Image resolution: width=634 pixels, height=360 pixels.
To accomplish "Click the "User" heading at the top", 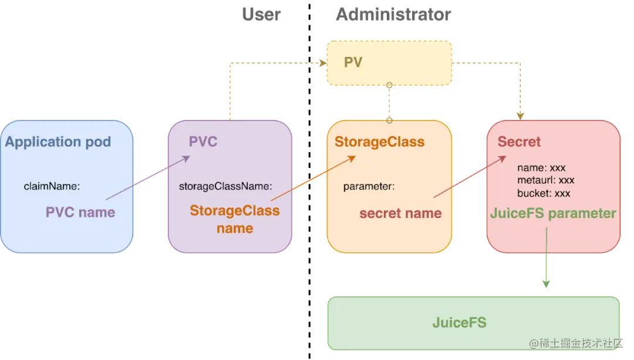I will pos(261,14).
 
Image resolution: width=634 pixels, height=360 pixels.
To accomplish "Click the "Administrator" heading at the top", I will pos(393,14).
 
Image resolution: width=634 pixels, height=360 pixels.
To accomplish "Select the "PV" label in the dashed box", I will pos(353,62).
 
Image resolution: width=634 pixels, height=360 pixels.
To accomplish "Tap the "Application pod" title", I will pos(58,142).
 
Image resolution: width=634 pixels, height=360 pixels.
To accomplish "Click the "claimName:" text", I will pos(52,186).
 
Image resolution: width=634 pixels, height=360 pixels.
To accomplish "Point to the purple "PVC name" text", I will pos(80,212).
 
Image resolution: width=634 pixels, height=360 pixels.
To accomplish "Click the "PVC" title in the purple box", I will pos(203,142).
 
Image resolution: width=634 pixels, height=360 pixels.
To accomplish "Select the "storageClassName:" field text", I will pos(225,186).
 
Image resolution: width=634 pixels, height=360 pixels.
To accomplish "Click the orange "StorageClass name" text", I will pos(234,219).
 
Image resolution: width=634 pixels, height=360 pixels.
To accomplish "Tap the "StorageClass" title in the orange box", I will pos(379,142).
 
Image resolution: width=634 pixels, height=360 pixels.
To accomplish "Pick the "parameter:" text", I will pos(369,187).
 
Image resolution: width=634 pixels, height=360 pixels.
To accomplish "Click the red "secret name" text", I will pos(400,213).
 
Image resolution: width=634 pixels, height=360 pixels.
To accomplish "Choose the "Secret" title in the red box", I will pos(519,142).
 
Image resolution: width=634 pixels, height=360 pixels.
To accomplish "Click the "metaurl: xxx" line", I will pos(545,180).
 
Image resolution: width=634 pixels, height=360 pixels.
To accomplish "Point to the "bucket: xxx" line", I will pos(544,193).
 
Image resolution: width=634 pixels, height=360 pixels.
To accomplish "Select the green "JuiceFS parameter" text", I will pos(553,213).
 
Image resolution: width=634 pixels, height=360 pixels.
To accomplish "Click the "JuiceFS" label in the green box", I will pos(459,322).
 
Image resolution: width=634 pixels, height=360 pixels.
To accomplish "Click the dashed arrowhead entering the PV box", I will pos(321,63).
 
